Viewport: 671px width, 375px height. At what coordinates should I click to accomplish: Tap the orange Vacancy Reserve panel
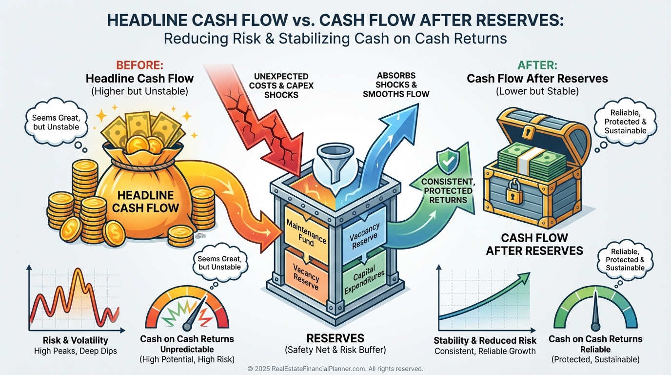tap(305, 274)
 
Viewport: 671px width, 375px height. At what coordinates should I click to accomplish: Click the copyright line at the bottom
tap(335, 369)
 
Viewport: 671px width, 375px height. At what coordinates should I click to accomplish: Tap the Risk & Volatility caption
tap(75, 340)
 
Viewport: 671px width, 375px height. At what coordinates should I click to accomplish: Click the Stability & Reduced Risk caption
tap(485, 340)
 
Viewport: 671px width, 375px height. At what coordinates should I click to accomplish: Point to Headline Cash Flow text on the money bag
tap(145, 201)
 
